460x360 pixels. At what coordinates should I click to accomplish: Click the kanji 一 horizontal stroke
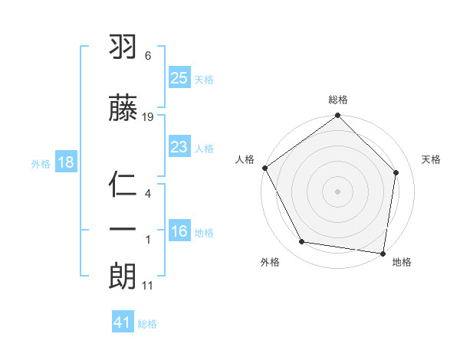pyautogui.click(x=123, y=227)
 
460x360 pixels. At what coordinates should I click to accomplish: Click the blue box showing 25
pyautogui.click(x=179, y=77)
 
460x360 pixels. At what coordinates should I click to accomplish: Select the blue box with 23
pyautogui.click(x=179, y=147)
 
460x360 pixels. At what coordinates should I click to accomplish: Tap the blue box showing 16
pyautogui.click(x=179, y=232)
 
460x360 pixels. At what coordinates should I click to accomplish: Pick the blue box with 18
pyautogui.click(x=65, y=162)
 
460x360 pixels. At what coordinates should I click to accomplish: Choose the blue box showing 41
pyautogui.click(x=123, y=322)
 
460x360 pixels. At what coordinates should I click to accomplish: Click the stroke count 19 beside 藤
pyautogui.click(x=148, y=116)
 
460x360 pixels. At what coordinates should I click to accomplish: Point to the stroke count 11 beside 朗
pyautogui.click(x=148, y=286)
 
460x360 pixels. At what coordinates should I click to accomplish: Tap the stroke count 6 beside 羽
pyautogui.click(x=148, y=56)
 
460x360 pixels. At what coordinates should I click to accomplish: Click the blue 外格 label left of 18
pyautogui.click(x=41, y=163)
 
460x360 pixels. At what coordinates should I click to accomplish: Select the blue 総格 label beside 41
pyautogui.click(x=147, y=324)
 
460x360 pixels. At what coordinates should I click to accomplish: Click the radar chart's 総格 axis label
pyautogui.click(x=338, y=100)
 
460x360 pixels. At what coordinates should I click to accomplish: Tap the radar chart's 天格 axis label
pyautogui.click(x=432, y=159)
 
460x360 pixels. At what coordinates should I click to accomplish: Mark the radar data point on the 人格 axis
pyautogui.click(x=265, y=168)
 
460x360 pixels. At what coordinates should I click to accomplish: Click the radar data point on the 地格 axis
pyautogui.click(x=383, y=253)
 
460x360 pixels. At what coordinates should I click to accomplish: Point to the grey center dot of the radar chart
pyautogui.click(x=338, y=191)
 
